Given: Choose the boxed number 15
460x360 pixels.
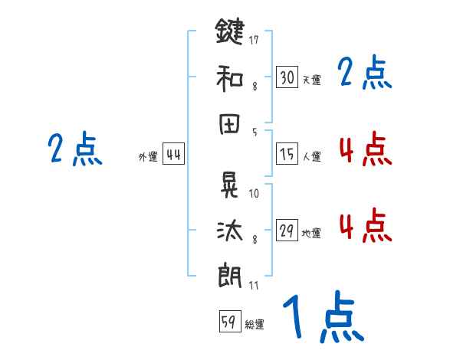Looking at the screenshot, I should [287, 154].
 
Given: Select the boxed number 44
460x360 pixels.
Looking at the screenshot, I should [173, 154].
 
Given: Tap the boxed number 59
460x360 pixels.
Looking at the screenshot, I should [228, 322].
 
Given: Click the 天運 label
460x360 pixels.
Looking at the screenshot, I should [311, 80].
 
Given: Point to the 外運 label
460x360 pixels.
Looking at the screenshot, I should [148, 157].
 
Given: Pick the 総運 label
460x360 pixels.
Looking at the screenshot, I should [255, 325].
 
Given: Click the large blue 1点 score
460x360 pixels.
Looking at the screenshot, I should [322, 319].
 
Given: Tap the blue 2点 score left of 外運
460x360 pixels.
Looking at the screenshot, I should [74, 149].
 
